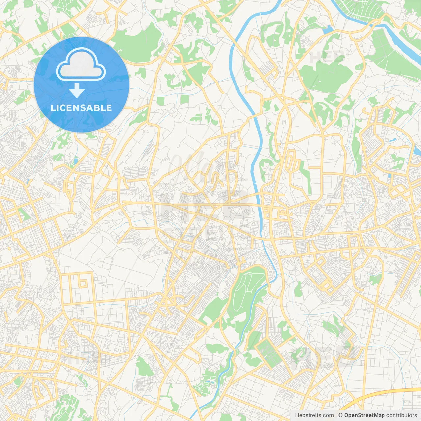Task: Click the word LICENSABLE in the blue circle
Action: tap(81, 108)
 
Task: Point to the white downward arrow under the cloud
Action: tap(77, 90)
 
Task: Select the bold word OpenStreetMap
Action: tap(364, 415)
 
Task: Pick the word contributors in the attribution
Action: tap(402, 415)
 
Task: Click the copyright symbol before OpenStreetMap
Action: tap(341, 415)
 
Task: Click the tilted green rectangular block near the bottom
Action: tap(270, 352)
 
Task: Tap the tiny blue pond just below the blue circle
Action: tap(76, 161)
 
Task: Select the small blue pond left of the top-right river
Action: tap(328, 30)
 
